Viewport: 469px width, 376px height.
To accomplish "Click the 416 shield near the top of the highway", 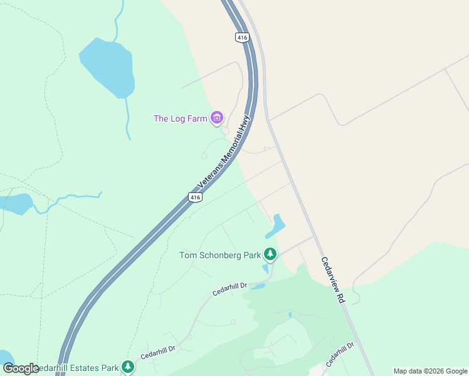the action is [x=243, y=38].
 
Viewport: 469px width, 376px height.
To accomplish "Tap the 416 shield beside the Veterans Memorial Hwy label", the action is [x=195, y=197].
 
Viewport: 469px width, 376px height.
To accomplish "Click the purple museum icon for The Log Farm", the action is [x=217, y=118].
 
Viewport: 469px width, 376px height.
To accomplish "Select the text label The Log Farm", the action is [x=181, y=118].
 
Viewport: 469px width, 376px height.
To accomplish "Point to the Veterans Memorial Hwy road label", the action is [x=224, y=152].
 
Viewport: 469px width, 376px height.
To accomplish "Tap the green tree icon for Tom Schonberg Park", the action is [x=270, y=254].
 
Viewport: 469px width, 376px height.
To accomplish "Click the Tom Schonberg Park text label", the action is [x=219, y=255].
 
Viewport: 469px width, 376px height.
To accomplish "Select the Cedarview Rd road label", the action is [x=333, y=280].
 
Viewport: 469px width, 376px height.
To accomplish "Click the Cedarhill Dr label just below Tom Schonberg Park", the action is [x=229, y=289].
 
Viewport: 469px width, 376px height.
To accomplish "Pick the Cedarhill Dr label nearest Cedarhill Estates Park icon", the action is [x=157, y=351].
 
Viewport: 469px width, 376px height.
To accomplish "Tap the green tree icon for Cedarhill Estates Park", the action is [x=128, y=367].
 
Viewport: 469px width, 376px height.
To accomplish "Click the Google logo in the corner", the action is [x=21, y=368].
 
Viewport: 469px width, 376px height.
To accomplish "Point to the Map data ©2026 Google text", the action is [x=431, y=371].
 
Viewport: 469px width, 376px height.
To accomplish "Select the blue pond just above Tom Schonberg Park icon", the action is [x=276, y=226].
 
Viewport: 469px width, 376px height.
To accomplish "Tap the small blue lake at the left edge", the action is [x=16, y=203].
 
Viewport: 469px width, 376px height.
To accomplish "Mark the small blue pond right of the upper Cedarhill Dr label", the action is [x=258, y=286].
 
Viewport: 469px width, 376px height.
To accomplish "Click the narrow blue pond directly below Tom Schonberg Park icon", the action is [x=265, y=269].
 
